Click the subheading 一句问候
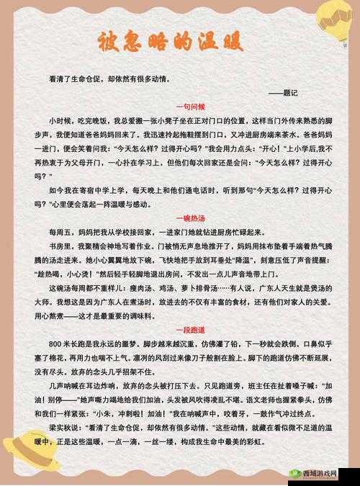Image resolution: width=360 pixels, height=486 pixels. [190, 104]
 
